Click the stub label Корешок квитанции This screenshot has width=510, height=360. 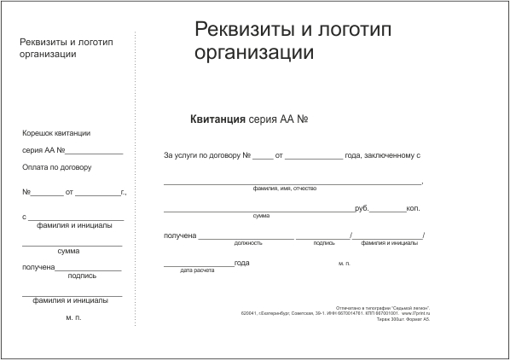click(56, 132)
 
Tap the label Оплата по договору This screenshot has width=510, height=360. click(57, 166)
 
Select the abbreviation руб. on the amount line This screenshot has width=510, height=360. click(362, 207)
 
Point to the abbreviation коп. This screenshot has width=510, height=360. click(414, 207)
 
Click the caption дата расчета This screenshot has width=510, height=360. click(197, 270)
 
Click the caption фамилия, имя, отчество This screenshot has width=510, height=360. click(285, 188)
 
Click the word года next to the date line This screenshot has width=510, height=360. click(241, 262)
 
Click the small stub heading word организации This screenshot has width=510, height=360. click(48, 54)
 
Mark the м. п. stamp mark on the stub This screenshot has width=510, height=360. click(73, 317)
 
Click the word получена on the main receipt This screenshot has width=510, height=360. click(180, 235)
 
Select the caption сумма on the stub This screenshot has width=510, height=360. click(68, 251)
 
